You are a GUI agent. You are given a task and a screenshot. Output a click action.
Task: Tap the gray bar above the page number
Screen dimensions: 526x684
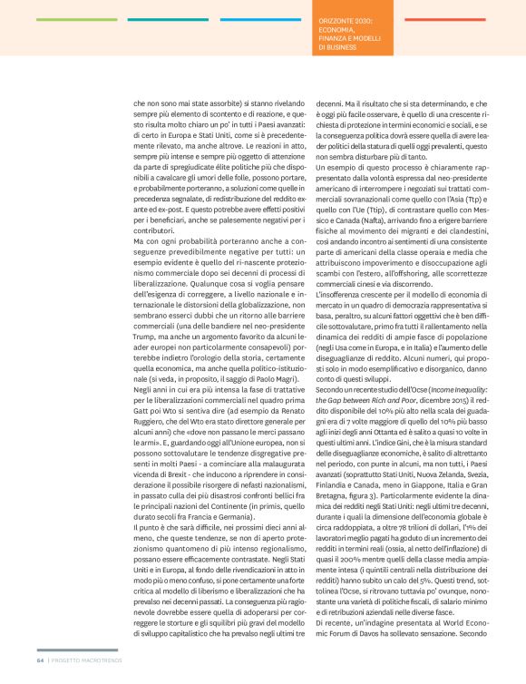coord(78,650)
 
